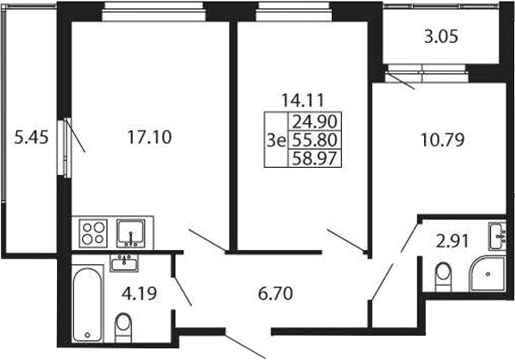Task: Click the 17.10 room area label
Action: (149, 137)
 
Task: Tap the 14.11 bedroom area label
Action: (303, 100)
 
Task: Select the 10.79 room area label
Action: (443, 139)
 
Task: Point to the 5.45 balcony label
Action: (31, 137)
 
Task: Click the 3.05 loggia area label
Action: (441, 37)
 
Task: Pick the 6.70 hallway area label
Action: (275, 294)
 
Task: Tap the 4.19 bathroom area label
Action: (139, 294)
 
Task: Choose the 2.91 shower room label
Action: (452, 242)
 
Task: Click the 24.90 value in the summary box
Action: (315, 122)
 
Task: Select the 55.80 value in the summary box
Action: (315, 140)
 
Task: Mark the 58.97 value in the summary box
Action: (315, 158)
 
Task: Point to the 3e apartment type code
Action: (276, 141)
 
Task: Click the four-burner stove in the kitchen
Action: (94, 233)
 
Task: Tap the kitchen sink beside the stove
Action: (130, 233)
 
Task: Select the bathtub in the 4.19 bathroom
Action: (87, 304)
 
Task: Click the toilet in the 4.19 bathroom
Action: (123, 328)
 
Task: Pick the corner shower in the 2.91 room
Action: (487, 274)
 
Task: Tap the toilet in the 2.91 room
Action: (444, 277)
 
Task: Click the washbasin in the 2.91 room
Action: (497, 236)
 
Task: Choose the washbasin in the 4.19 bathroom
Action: (124, 263)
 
